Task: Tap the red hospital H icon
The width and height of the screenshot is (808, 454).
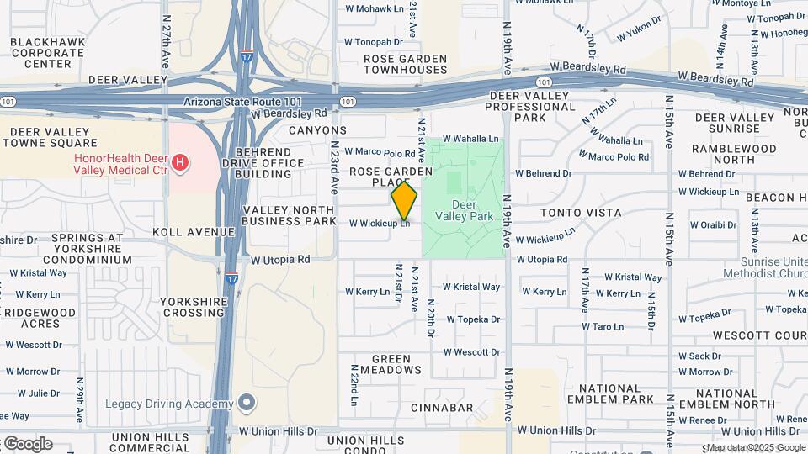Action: [x=179, y=162]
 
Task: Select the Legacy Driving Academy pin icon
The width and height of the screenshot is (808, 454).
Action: [x=246, y=404]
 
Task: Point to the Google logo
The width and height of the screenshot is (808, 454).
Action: [x=28, y=443]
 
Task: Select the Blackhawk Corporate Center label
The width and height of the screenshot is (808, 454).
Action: [x=47, y=52]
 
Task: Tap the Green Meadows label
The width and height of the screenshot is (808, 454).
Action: [x=385, y=364]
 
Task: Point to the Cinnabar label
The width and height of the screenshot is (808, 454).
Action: [x=442, y=408]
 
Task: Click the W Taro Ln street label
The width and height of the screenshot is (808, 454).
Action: [x=603, y=326]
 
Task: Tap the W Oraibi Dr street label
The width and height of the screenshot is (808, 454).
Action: [x=713, y=225]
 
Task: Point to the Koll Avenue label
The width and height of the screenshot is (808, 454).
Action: [x=194, y=231]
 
